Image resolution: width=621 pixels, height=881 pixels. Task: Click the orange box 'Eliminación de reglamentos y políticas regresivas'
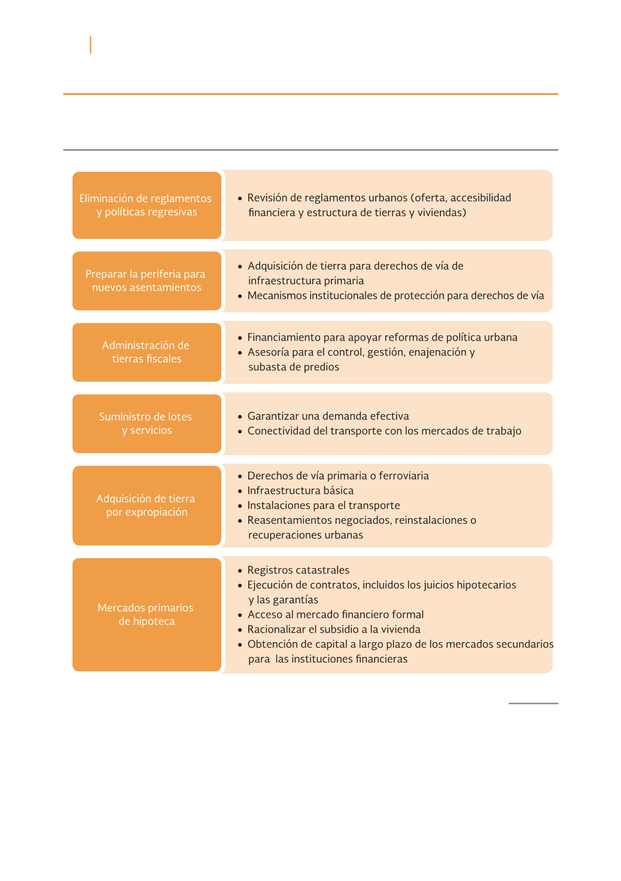click(x=147, y=205)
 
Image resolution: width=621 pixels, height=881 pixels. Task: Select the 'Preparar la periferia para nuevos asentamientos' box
click(x=147, y=281)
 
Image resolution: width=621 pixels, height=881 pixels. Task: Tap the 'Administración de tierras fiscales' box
click(x=147, y=352)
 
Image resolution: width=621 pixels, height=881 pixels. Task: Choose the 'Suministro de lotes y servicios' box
click(x=147, y=423)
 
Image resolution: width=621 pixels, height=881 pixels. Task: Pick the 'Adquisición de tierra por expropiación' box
click(x=147, y=505)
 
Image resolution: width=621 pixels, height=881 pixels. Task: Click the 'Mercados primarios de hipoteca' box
click(x=147, y=614)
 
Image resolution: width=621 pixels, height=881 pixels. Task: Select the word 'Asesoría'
click(x=268, y=353)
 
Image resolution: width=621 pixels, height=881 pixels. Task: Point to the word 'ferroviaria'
click(x=404, y=476)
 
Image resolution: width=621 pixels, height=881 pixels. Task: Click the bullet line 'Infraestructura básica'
click(x=300, y=491)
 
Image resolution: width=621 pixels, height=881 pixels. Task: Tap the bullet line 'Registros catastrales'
click(x=298, y=570)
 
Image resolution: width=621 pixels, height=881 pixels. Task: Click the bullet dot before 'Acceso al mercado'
click(x=240, y=615)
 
